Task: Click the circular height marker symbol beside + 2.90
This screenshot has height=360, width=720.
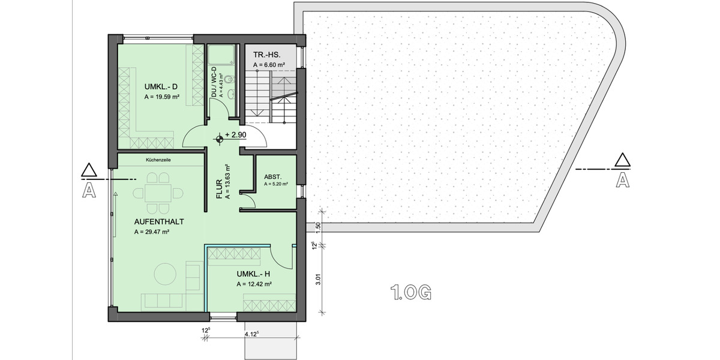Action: click(x=220, y=139)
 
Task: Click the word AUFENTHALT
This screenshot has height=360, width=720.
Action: click(x=158, y=221)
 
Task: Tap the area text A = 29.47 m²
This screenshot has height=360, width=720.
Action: click(x=151, y=232)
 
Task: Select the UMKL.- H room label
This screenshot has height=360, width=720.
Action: click(x=253, y=274)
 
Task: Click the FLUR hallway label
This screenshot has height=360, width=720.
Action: click(x=220, y=188)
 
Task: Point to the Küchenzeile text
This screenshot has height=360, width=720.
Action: click(x=158, y=160)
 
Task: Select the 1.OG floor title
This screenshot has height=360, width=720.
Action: click(x=411, y=293)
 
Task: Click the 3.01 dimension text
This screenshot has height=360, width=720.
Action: click(x=319, y=279)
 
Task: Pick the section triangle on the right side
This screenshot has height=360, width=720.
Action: click(x=622, y=160)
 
